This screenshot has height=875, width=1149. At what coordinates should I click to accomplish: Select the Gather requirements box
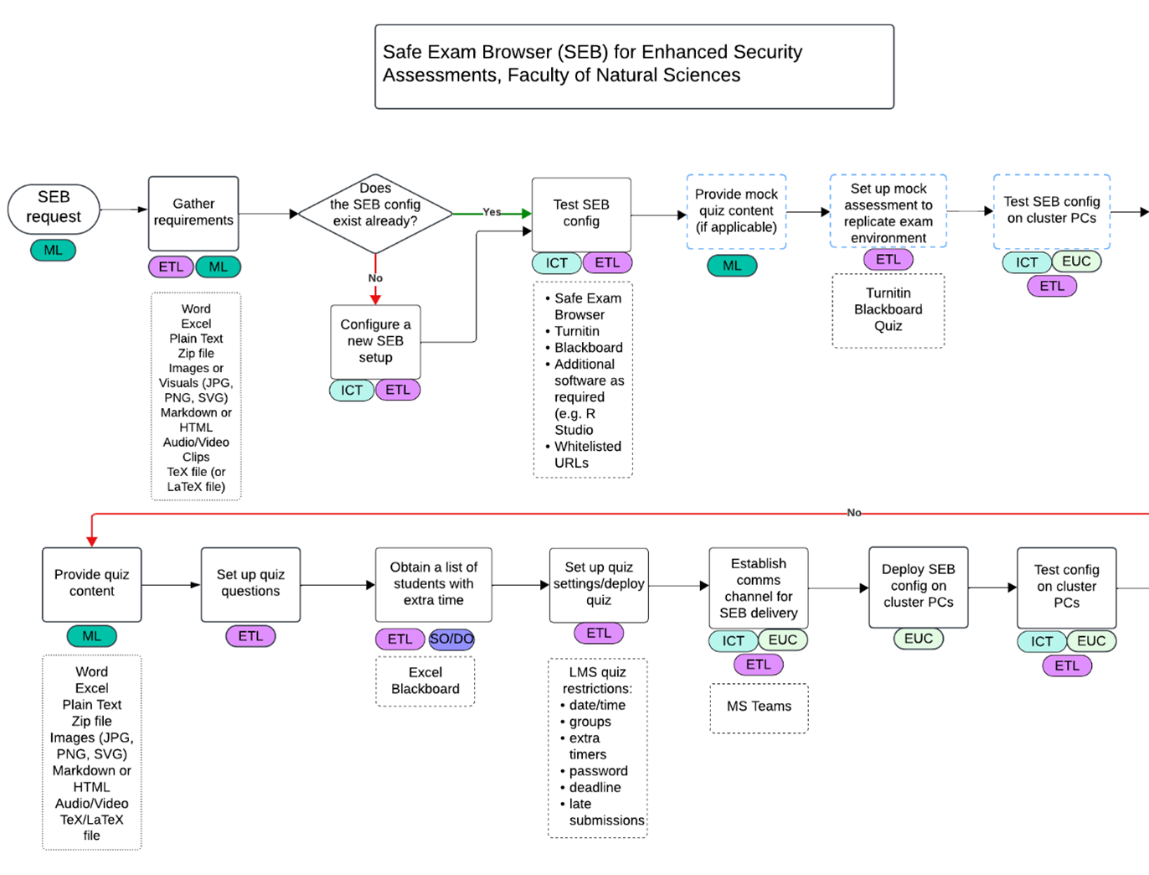click(193, 213)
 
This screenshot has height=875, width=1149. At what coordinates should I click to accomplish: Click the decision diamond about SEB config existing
click(375, 213)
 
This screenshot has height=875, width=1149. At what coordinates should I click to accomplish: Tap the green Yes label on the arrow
click(492, 212)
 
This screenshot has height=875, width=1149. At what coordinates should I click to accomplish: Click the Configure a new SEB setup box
click(375, 341)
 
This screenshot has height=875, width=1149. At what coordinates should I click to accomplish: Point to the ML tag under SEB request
click(53, 250)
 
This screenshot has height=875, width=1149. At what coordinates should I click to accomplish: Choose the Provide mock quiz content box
click(736, 211)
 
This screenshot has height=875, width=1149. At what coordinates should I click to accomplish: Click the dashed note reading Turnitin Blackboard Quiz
click(888, 310)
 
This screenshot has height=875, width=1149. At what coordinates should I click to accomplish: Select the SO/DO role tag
click(451, 639)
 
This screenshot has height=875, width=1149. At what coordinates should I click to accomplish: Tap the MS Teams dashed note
click(759, 707)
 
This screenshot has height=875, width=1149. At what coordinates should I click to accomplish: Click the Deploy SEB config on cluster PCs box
click(918, 586)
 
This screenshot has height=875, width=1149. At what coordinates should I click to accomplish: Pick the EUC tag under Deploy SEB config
click(918, 639)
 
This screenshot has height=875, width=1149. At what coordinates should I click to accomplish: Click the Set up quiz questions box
click(250, 584)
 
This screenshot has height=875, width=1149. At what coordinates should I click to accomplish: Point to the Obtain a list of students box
click(433, 584)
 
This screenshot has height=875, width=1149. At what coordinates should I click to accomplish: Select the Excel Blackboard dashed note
click(425, 681)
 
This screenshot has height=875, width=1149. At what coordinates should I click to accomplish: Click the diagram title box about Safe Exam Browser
click(634, 66)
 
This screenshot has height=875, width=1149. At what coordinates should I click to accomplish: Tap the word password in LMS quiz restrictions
click(598, 771)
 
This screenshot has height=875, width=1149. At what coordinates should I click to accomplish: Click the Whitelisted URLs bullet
click(587, 455)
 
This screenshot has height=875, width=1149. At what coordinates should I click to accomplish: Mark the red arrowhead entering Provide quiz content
click(92, 541)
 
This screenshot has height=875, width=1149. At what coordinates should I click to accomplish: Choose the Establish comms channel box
click(758, 588)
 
